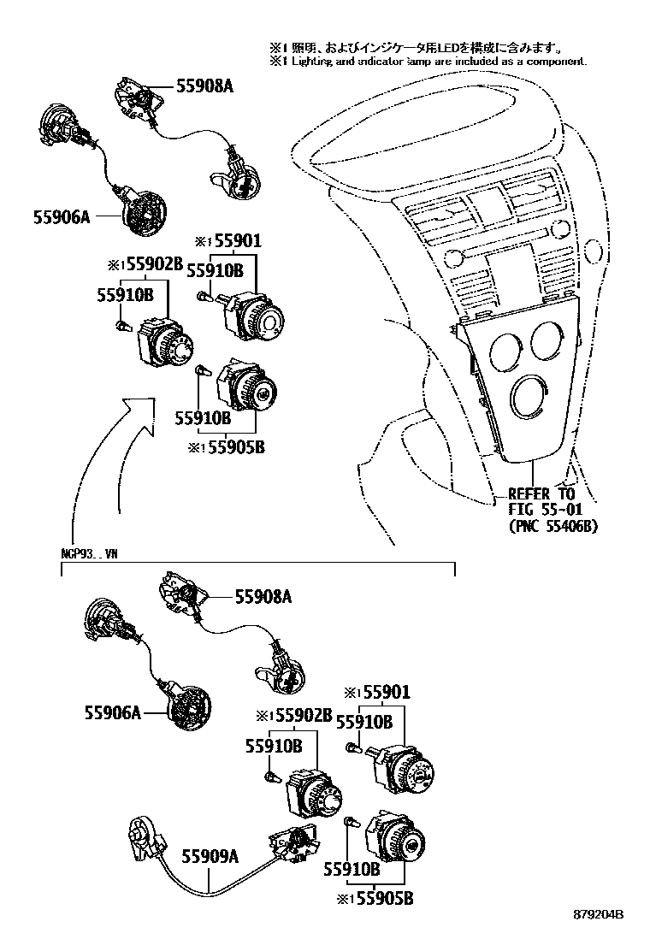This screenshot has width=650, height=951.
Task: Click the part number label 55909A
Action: click(210, 853)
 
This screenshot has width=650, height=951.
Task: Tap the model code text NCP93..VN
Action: click(89, 552)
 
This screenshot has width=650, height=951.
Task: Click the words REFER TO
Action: click(541, 494)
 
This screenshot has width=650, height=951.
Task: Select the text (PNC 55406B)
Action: click(552, 526)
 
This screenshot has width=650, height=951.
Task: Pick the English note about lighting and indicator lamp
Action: click(428, 62)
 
